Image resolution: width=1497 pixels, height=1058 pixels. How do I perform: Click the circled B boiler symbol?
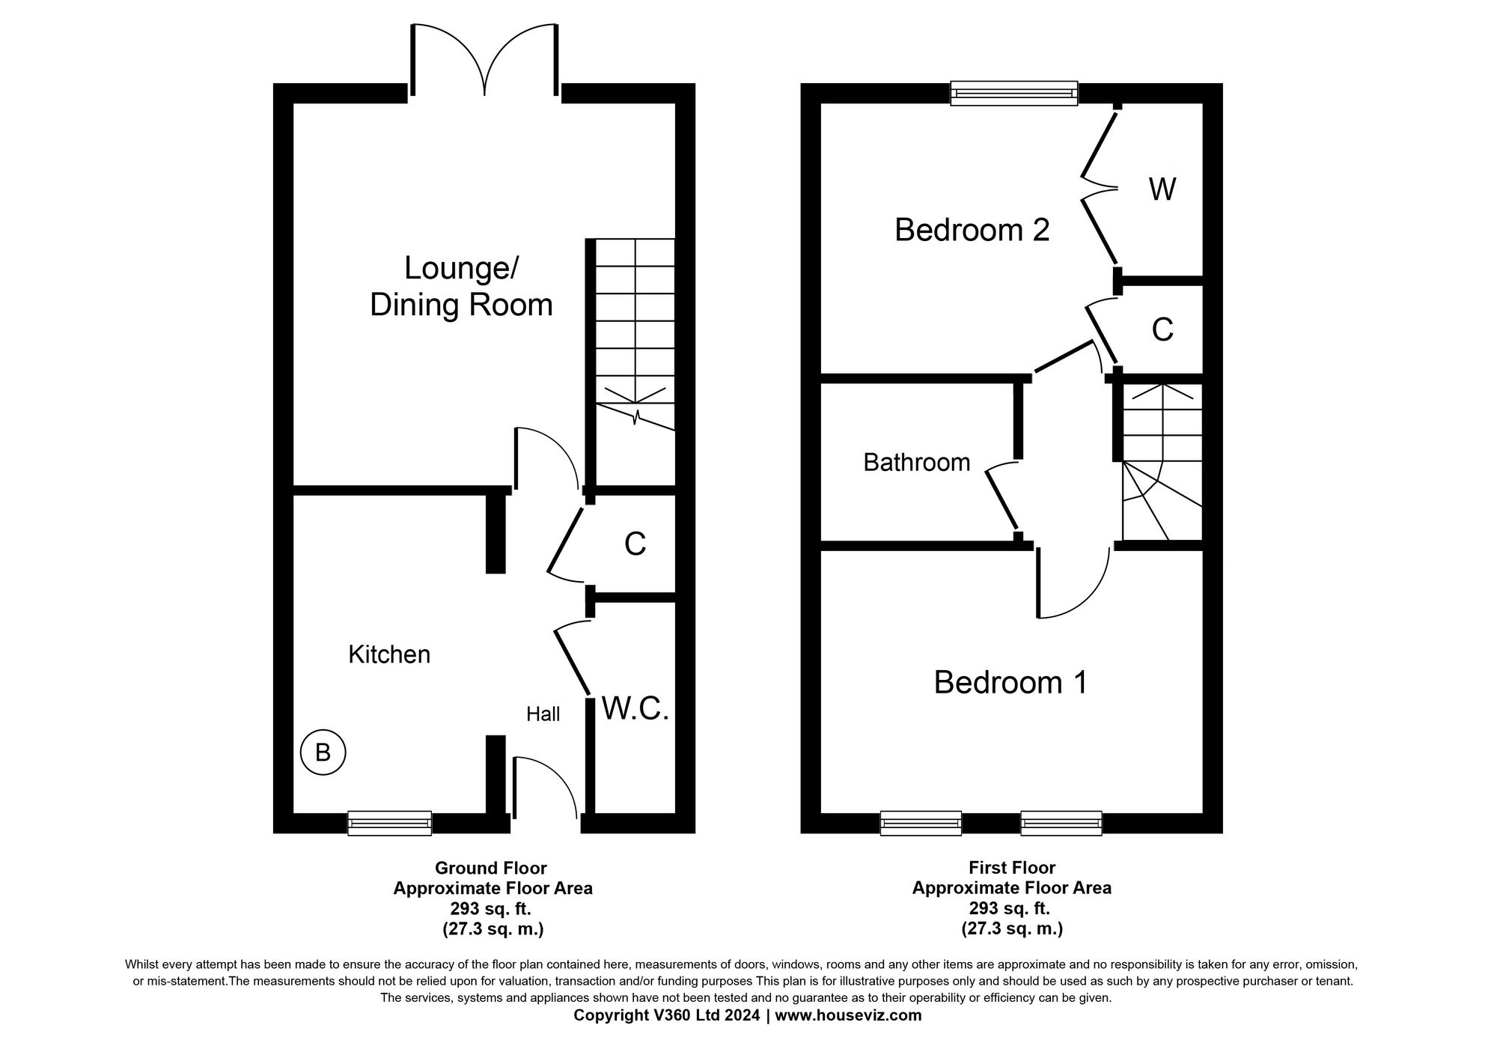pos(323,752)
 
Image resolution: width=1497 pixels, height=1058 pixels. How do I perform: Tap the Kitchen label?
pos(389,654)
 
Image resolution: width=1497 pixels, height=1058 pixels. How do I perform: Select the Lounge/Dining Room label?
pos(461,287)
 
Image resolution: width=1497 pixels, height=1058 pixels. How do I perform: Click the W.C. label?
pos(635,708)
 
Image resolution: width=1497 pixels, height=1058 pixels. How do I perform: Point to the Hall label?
pos(543,714)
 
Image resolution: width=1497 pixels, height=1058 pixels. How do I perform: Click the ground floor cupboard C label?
pos(635,544)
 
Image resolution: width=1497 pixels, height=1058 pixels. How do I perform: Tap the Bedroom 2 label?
pos(972,230)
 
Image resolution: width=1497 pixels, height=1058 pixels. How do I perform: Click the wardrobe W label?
pos(1162,189)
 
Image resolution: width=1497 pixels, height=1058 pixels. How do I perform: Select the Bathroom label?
pos(916,462)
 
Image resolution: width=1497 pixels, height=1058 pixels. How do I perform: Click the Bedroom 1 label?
pos(1010,682)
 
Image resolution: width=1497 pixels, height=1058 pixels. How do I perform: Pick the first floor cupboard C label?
pos(1162,329)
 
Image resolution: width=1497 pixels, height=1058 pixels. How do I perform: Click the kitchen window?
pos(389,823)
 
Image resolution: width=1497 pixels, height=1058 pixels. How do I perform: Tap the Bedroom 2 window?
pos(1014,94)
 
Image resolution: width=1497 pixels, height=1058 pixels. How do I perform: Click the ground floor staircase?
pos(635,337)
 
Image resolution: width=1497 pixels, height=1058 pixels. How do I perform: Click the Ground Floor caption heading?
pos(491,868)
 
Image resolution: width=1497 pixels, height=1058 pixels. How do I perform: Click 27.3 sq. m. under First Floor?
pos(1012,929)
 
